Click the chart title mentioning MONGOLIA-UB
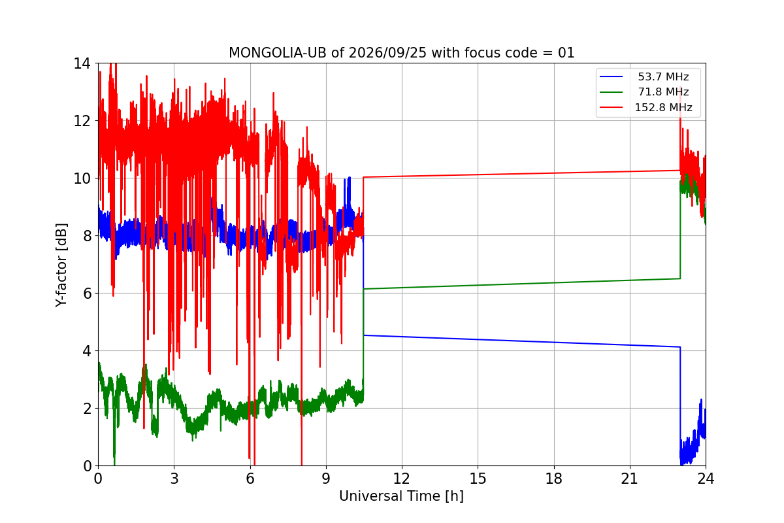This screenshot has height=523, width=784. click(401, 53)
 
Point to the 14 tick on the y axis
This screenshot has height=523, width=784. click(82, 64)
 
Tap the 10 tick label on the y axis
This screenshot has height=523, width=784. click(82, 178)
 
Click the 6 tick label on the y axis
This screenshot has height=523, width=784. click(87, 294)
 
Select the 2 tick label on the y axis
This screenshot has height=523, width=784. click(87, 409)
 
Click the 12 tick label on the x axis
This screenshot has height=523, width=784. click(402, 479)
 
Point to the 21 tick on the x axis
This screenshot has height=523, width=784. click(630, 479)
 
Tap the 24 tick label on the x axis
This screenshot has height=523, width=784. click(706, 479)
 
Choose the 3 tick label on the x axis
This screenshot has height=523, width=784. click(174, 479)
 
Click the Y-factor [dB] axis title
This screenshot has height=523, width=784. click(61, 265)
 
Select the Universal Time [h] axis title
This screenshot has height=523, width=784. click(401, 496)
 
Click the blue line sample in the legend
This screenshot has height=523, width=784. click(611, 76)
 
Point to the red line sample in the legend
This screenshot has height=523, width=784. click(611, 108)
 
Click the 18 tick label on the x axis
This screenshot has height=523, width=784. click(554, 479)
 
